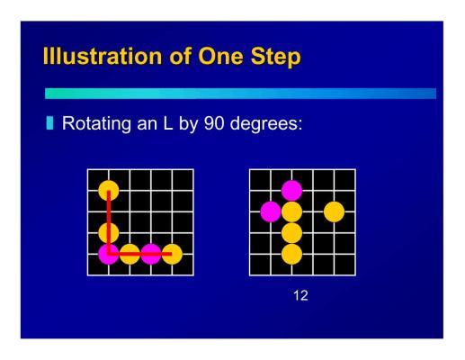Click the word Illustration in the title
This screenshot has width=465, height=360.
pyautogui.click(x=103, y=56)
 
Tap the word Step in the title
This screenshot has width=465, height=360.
pyautogui.click(x=276, y=57)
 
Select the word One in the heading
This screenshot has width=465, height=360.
pyautogui.click(x=220, y=56)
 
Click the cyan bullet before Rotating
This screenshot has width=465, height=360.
pyautogui.click(x=49, y=123)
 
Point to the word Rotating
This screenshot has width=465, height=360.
pyautogui.click(x=96, y=123)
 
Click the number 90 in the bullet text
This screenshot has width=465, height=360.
pyautogui.click(x=214, y=122)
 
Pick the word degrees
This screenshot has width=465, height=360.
pyautogui.click(x=266, y=124)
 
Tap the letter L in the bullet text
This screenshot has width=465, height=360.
pyautogui.click(x=168, y=122)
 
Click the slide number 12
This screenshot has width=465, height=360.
pyautogui.click(x=300, y=295)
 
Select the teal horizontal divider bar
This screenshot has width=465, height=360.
pyautogui.click(x=240, y=94)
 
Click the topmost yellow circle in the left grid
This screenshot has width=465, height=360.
pyautogui.click(x=109, y=191)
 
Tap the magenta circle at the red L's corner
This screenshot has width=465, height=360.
pyautogui.click(x=109, y=254)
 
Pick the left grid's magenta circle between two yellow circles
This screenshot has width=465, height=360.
pyautogui.click(x=151, y=254)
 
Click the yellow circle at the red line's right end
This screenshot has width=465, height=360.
pyautogui.click(x=172, y=254)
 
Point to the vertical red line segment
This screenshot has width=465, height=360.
pyautogui.click(x=109, y=222)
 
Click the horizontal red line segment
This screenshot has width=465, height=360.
pyautogui.click(x=140, y=254)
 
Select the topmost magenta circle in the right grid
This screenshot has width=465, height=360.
pyautogui.click(x=291, y=191)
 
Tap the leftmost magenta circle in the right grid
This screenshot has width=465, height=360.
pyautogui.click(x=271, y=211)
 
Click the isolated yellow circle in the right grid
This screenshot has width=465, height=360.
pyautogui.click(x=334, y=211)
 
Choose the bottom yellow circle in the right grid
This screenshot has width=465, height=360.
pyautogui.click(x=291, y=254)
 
